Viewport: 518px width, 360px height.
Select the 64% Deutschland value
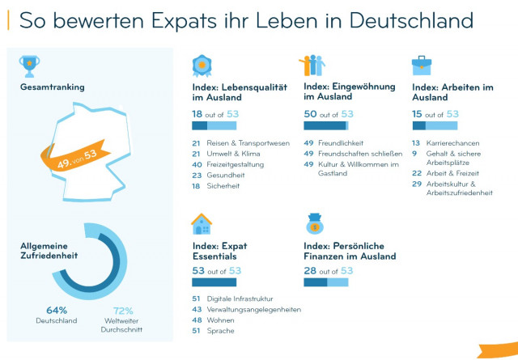[x=57, y=310]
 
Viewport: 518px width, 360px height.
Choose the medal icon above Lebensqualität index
[x=202, y=66]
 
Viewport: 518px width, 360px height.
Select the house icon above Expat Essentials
[x=202, y=224]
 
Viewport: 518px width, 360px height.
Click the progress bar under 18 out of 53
[x=214, y=125]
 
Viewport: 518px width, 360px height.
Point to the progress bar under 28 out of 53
[x=325, y=282]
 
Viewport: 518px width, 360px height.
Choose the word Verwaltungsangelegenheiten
[x=254, y=309]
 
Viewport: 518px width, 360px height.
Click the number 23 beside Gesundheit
[x=196, y=175]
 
